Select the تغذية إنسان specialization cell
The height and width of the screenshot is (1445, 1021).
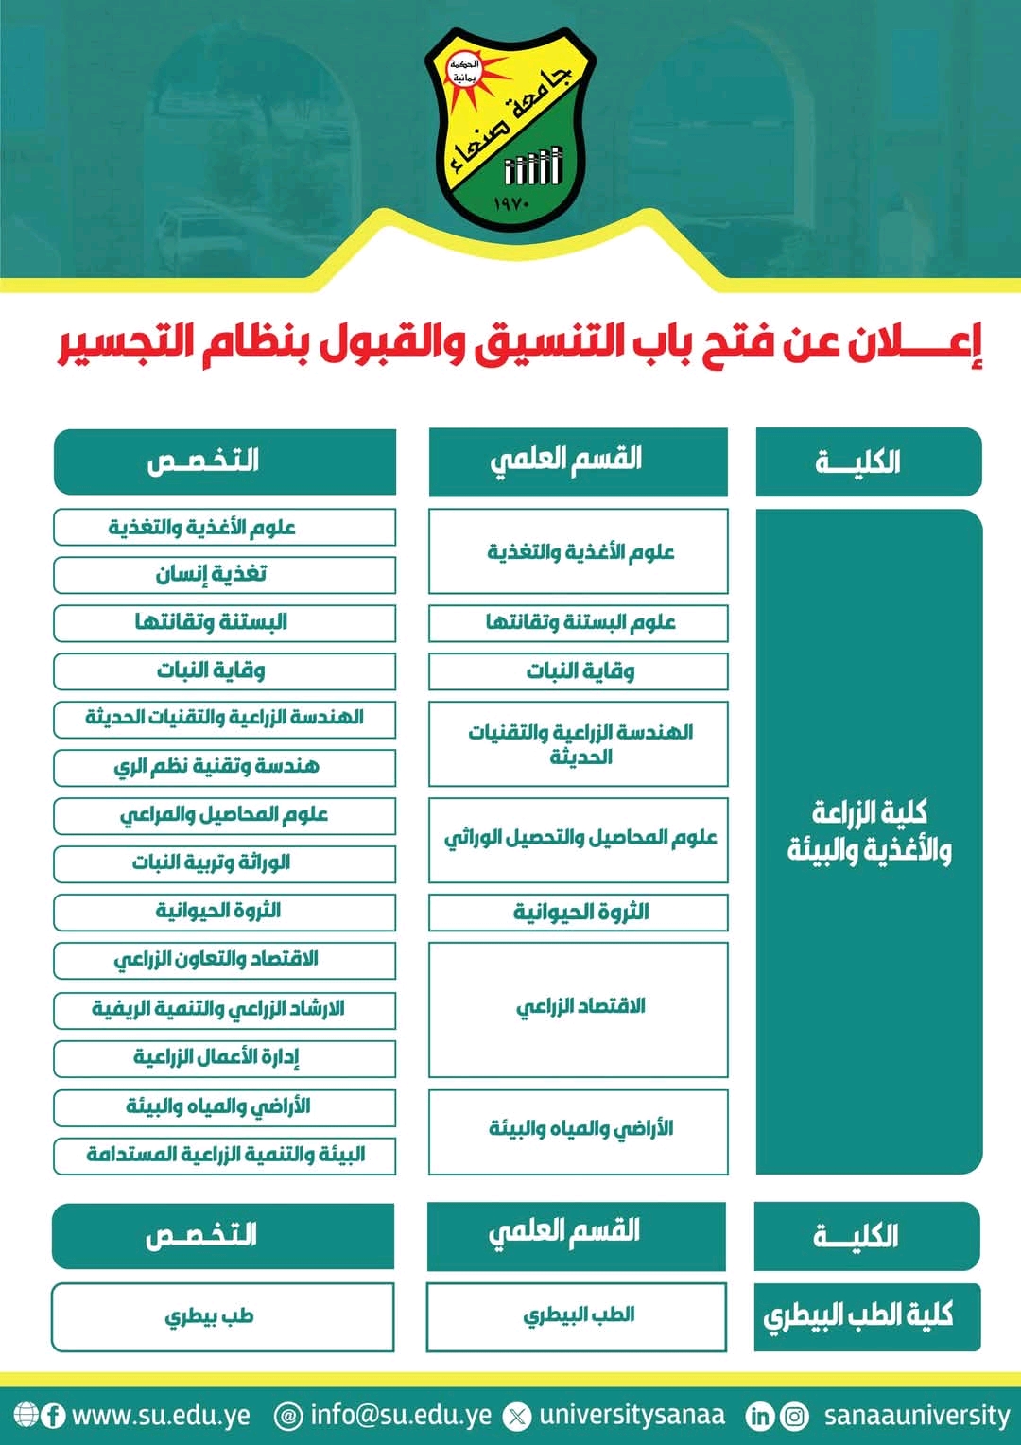[224, 574]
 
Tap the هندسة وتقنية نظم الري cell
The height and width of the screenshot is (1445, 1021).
[224, 767]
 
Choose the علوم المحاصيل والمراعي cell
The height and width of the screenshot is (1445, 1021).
[224, 815]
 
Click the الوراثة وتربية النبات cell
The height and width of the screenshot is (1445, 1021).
[224, 863]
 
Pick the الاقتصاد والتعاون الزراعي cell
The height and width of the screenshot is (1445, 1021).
[224, 960]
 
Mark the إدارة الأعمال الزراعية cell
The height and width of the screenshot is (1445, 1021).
[224, 1057]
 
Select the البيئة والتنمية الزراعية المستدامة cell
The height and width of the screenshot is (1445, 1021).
[224, 1155]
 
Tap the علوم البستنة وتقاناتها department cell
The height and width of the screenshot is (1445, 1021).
[579, 622]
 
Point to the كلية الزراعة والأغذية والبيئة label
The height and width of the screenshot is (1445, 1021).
[869, 831]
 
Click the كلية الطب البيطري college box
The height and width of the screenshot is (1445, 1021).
[867, 1315]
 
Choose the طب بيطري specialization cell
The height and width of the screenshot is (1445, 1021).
[222, 1316]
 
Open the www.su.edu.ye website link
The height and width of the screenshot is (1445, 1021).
[161, 1416]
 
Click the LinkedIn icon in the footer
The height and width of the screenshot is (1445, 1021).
[759, 1416]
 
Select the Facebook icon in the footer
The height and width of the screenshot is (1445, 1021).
[54, 1416]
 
